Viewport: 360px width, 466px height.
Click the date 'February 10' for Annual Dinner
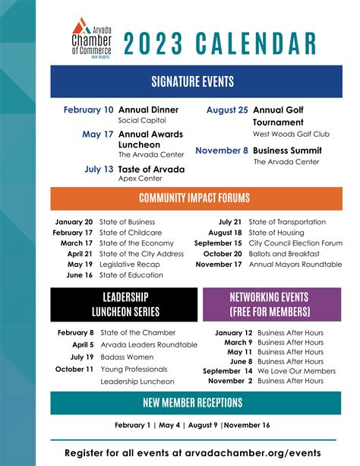point(89,109)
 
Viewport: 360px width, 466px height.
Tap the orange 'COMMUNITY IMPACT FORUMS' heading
point(194,198)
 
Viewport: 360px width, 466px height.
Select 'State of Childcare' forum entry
point(130,232)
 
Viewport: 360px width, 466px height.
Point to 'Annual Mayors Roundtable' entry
point(295,264)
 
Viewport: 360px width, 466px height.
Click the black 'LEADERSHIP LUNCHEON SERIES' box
point(125,304)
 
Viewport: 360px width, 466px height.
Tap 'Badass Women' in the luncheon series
point(127,357)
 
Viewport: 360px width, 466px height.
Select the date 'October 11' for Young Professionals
point(74,369)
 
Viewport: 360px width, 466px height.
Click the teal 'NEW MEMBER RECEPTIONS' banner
point(193,402)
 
